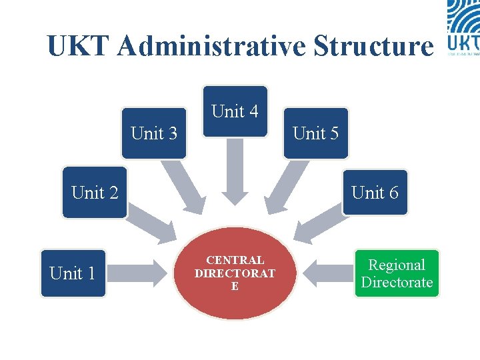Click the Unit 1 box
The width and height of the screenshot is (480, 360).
(73, 273)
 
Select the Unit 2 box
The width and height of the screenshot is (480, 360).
(95, 193)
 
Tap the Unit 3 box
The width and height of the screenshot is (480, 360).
(154, 133)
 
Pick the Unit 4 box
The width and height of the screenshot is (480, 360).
(235, 111)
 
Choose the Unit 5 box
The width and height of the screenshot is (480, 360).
(316, 133)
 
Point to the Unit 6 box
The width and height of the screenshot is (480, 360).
(375, 193)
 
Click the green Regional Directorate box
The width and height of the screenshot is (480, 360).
(397, 273)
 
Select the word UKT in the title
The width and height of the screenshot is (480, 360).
(81, 46)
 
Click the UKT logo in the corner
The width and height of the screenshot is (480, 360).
(463, 27)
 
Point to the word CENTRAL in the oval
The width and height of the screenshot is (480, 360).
(235, 261)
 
